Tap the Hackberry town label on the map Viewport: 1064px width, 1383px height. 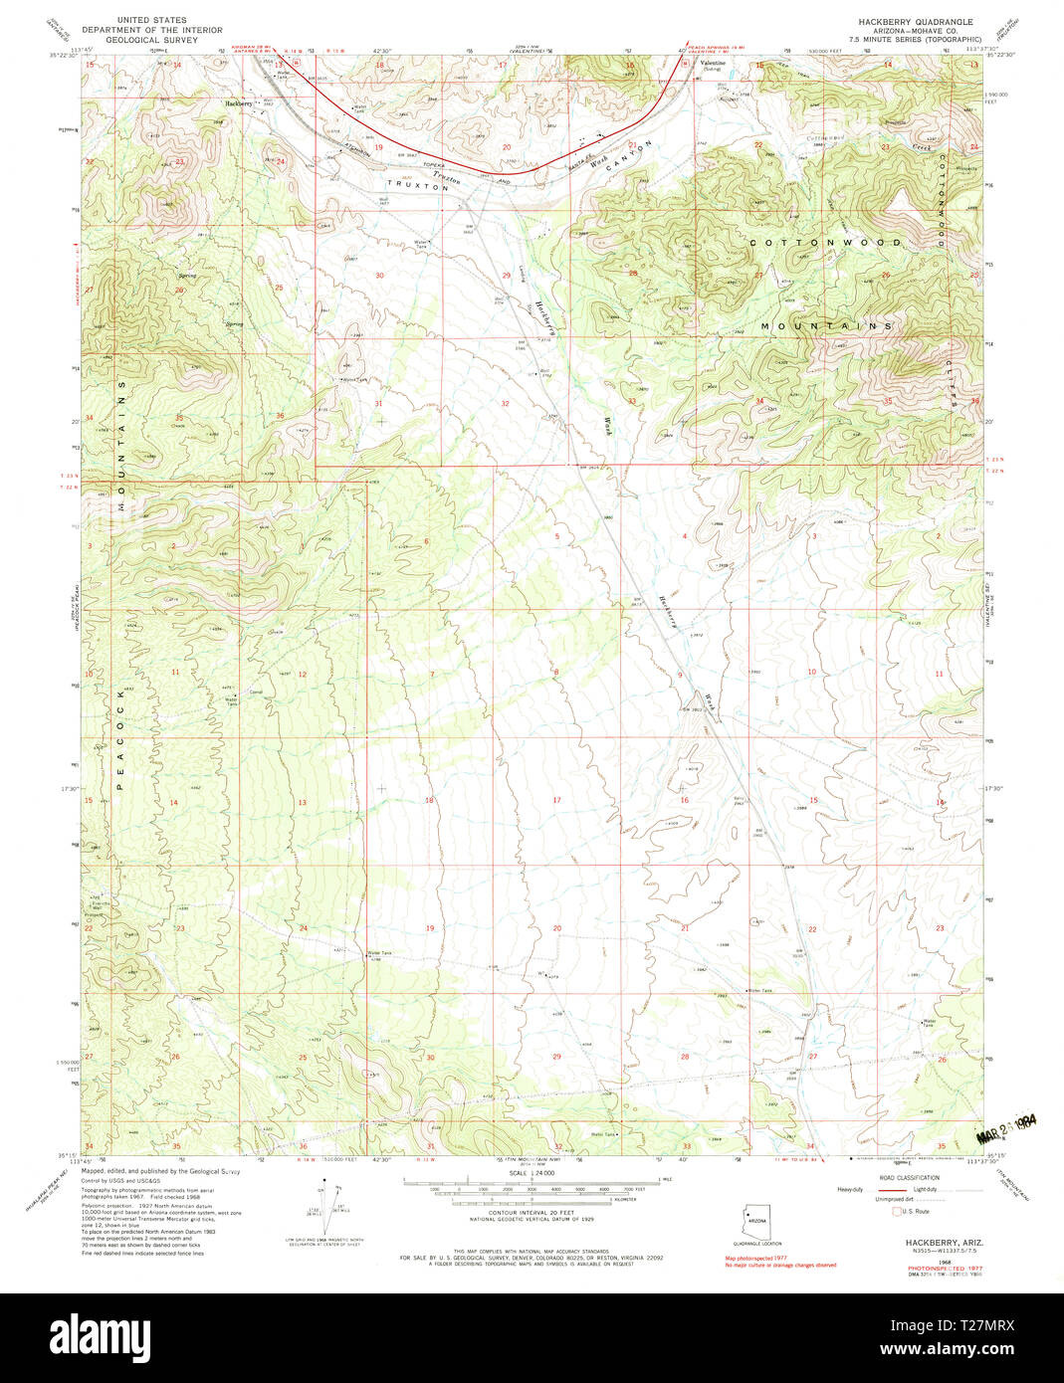pyautogui.click(x=238, y=103)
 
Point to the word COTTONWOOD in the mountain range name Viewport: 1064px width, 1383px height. pyautogui.click(x=825, y=243)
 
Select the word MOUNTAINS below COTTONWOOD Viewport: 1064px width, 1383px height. pyautogui.click(x=825, y=326)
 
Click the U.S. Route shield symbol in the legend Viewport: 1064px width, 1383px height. pyautogui.click(x=896, y=1211)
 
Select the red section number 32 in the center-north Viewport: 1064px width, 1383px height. pyautogui.click(x=506, y=403)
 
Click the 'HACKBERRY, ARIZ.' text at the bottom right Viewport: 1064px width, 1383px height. pyautogui.click(x=931, y=1244)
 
